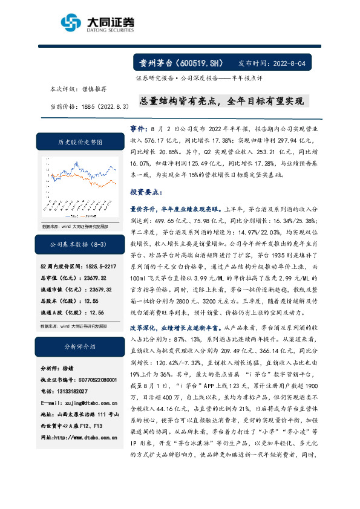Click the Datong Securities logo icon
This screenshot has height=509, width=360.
tap(71, 24)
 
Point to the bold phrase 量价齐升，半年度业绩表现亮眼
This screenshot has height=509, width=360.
tap(180, 208)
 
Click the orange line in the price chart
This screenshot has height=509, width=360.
tap(91, 181)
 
